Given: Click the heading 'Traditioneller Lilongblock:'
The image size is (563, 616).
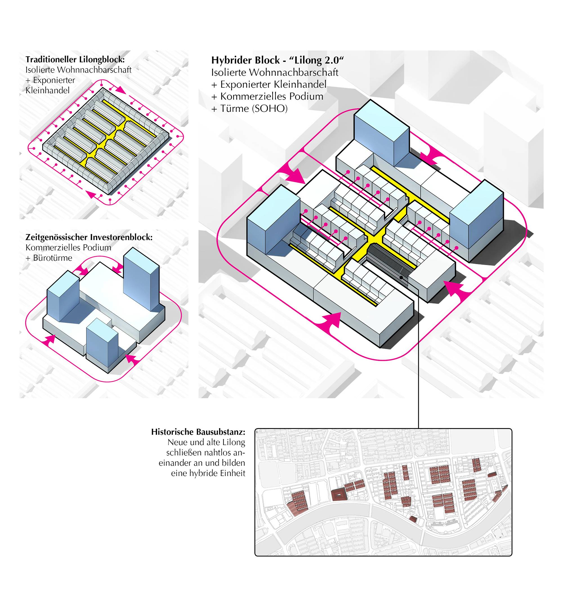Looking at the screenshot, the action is point(75,59).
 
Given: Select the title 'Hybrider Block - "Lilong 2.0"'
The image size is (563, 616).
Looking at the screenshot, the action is point(278,60).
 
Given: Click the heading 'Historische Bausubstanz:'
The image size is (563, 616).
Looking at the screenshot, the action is point(198,432).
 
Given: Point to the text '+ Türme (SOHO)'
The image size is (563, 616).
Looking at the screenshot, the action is point(249,109).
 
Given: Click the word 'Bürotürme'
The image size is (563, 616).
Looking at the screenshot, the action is point(53,258).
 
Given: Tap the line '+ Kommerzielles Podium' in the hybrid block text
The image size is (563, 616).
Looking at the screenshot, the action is point(267,96).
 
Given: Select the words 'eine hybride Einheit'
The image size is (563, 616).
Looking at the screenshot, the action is point(208,473).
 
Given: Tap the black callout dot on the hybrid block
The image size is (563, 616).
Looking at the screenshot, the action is point(401,277).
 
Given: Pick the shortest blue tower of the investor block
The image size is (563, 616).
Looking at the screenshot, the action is point(102,340).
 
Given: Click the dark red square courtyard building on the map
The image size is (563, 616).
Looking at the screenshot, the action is point(338,494).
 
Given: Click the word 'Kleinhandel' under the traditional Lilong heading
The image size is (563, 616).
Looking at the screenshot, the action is point(47,91).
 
